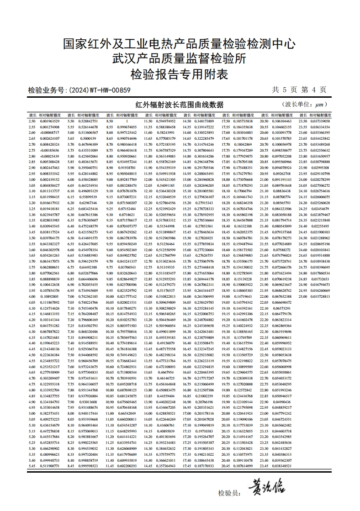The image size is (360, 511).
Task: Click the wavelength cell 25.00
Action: coord(302,296)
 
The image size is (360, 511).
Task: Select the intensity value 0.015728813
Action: coord(320,296)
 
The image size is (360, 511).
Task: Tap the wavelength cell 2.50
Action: coord(32,121)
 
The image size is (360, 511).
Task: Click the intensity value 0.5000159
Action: coord(88,138)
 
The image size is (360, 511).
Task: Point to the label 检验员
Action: coord(229,493)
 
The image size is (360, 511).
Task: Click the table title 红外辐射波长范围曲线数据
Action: coord(180,105)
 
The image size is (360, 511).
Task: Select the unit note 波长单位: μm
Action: coord(305,105)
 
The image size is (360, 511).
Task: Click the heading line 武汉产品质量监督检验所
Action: coord(180,58)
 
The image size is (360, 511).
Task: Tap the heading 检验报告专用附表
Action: coord(180,74)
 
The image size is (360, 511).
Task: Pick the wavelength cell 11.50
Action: coord(148,121)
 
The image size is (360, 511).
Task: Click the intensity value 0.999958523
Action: coord(88,466)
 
